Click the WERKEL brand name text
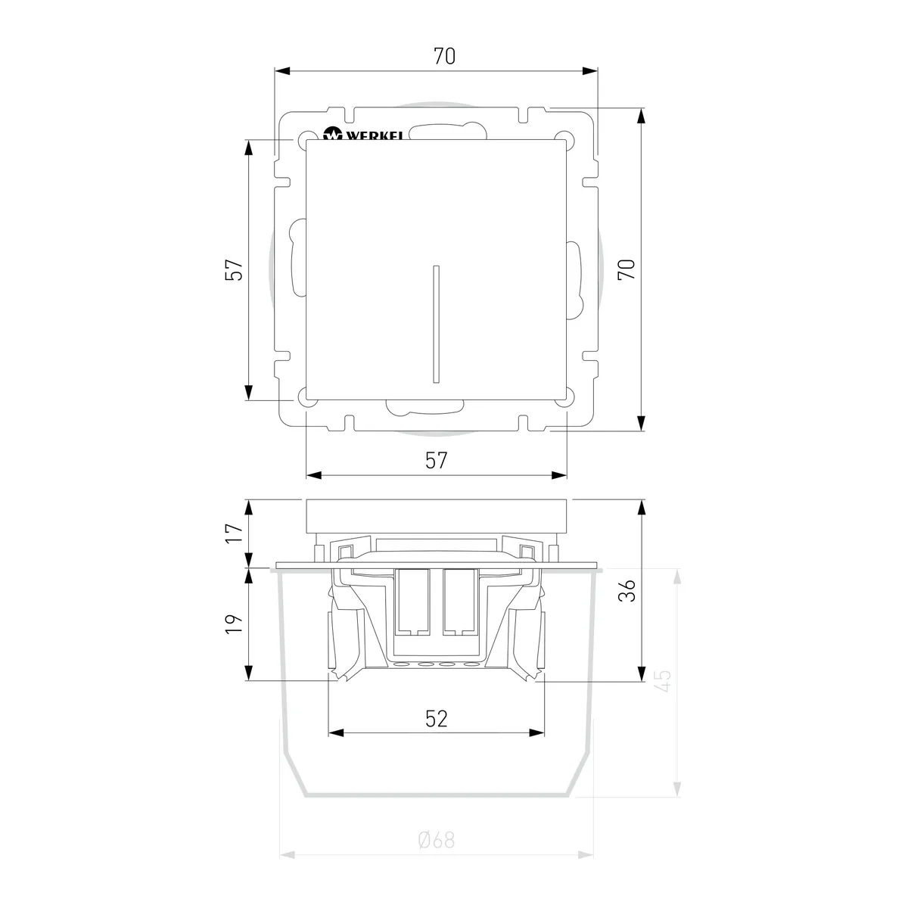point(375,135)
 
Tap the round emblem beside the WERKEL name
point(333,133)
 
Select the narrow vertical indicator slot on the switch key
point(437,324)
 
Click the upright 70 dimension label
point(444,56)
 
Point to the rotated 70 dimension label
point(627,269)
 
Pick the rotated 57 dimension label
point(234,269)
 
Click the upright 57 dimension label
point(437,460)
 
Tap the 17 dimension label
point(234,533)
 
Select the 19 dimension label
point(234,623)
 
